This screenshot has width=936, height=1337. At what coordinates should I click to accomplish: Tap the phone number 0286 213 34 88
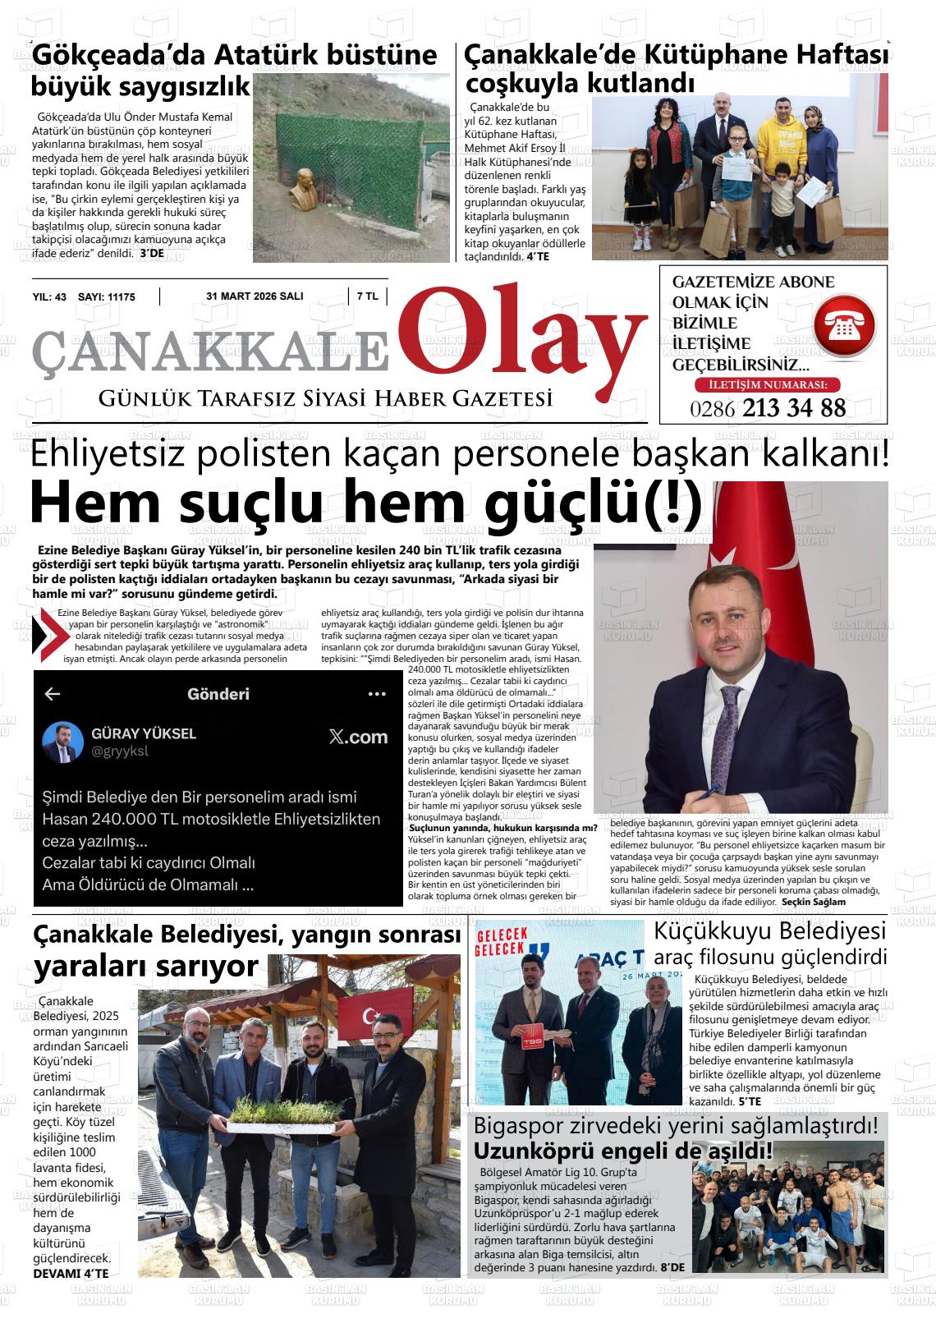pos(768,408)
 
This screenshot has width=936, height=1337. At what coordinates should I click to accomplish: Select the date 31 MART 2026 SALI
pos(255,296)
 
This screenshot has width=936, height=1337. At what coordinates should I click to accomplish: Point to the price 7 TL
pos(367,296)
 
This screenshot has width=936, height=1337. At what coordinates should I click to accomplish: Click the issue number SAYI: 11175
pos(106,297)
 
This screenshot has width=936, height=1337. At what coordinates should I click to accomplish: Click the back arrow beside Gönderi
pos(53,694)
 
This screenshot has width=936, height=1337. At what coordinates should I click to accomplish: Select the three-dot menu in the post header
pos(377,694)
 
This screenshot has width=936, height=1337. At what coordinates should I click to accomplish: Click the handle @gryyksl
pos(120,751)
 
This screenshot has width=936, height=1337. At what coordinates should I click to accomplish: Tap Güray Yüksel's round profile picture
pos(62,742)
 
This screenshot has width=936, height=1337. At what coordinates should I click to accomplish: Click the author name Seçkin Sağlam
pos(814,902)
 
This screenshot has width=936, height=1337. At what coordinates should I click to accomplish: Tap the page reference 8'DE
pos(672,1267)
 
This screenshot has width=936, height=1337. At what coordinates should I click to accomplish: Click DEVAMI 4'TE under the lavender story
pos(71,1274)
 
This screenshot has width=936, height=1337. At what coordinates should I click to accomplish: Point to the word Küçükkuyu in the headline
pos(713,931)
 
